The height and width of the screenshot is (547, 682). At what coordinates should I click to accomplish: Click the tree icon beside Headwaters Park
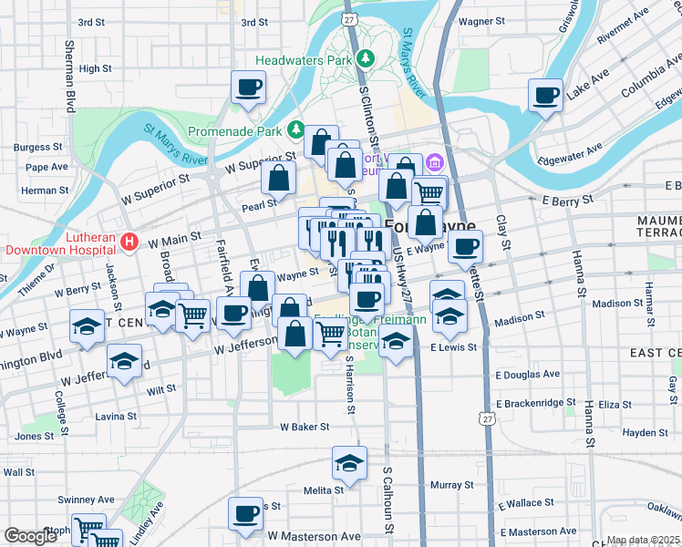click(x=366, y=59)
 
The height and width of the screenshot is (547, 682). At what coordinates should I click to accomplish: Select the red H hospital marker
click(x=129, y=242)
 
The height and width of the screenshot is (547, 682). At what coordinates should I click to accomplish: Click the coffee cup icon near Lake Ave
click(x=546, y=96)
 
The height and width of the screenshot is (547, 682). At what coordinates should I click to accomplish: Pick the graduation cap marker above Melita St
click(x=349, y=464)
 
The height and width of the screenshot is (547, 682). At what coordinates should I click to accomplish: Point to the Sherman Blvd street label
click(x=69, y=76)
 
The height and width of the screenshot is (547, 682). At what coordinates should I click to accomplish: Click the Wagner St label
click(x=482, y=20)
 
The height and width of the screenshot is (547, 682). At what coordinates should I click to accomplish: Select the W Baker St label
click(x=304, y=426)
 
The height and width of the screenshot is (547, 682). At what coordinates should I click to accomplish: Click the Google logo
click(x=30, y=536)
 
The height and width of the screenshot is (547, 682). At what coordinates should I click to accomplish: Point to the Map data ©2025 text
click(x=643, y=541)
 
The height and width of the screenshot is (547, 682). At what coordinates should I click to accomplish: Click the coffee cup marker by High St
click(x=248, y=88)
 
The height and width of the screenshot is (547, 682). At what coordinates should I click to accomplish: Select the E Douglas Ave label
click(x=528, y=375)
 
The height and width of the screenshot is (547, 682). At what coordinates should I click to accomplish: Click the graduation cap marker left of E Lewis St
click(x=395, y=346)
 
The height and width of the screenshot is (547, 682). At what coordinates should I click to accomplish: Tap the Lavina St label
click(x=116, y=416)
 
